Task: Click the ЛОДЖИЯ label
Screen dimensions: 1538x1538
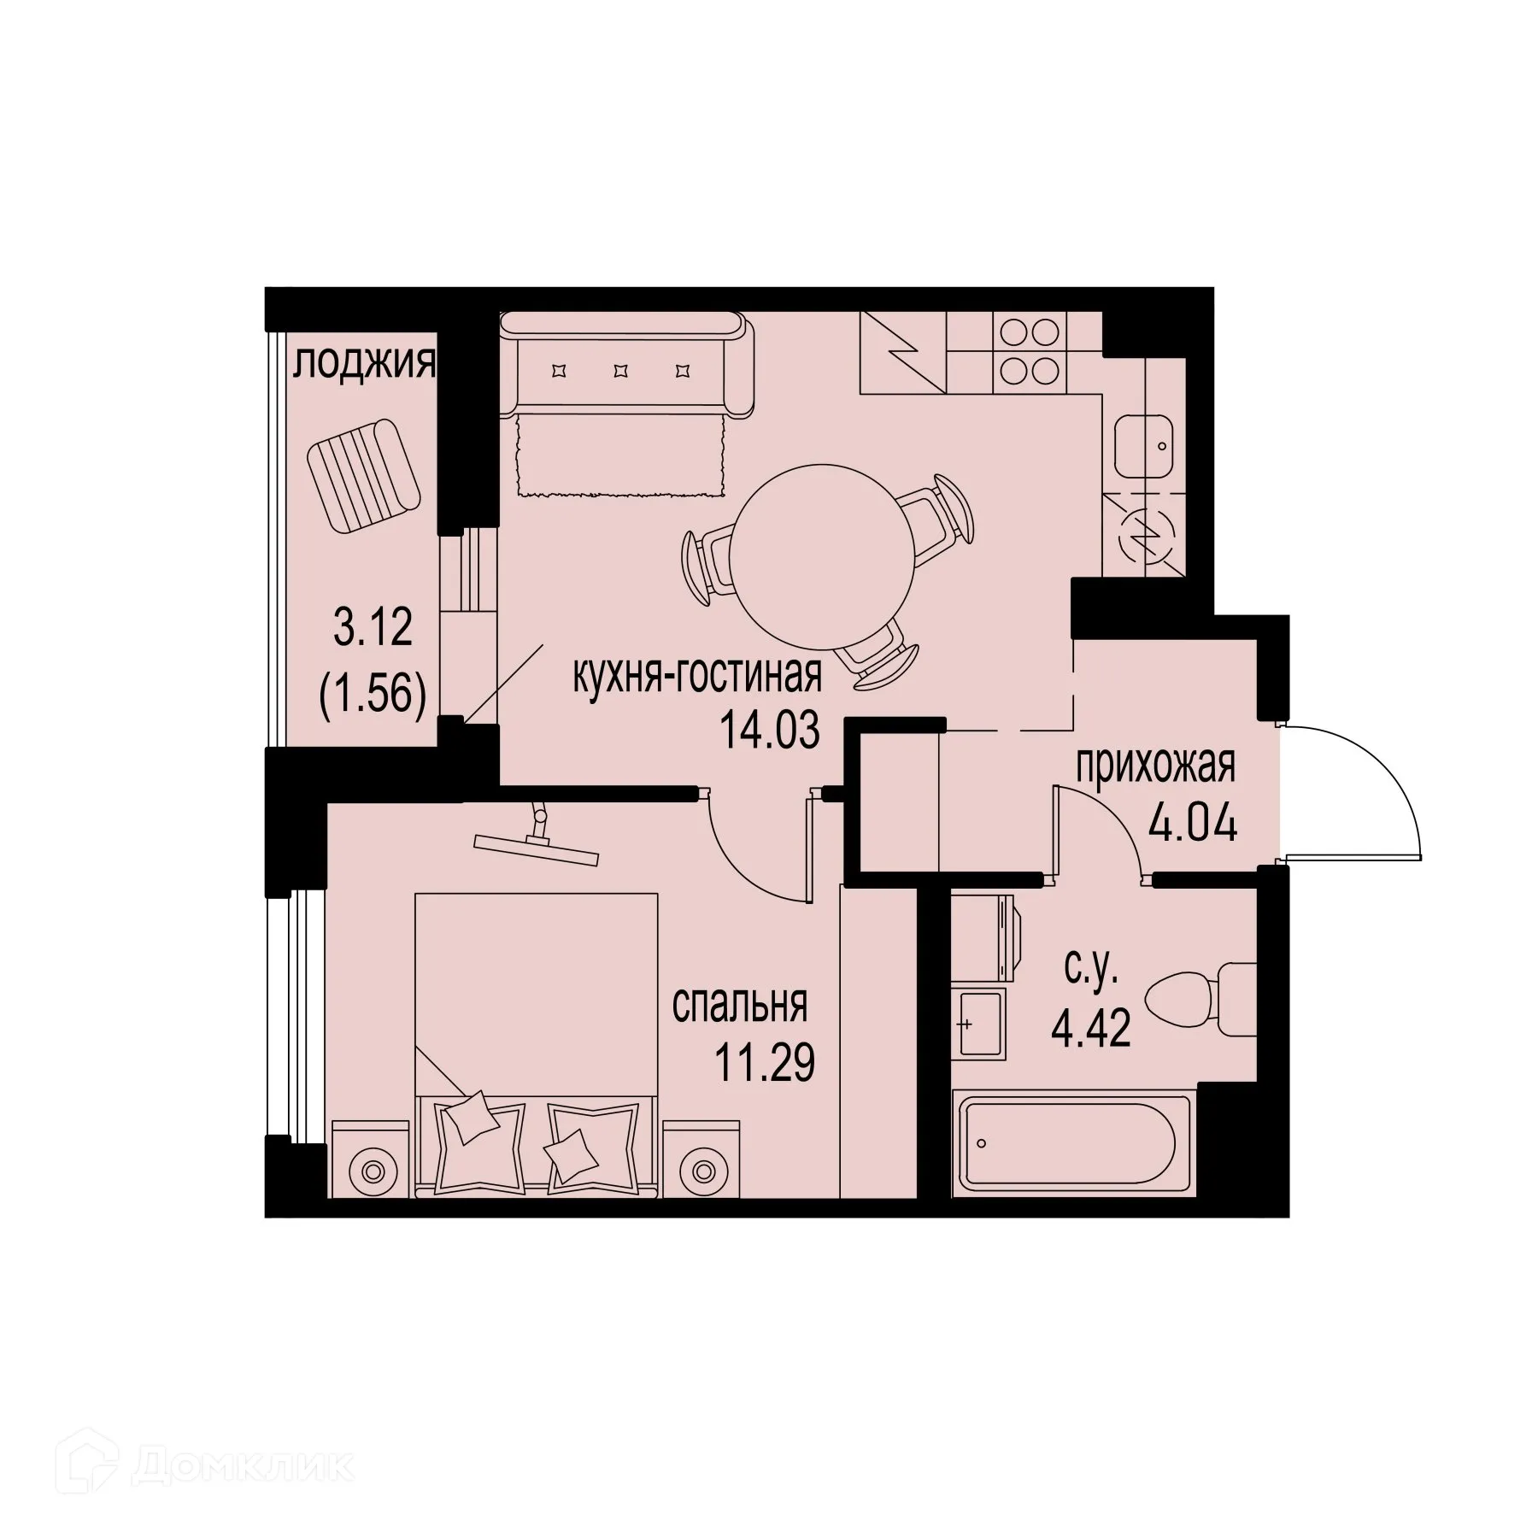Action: (364, 365)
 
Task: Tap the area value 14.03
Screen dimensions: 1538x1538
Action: (769, 731)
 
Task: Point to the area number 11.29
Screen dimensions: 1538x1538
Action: (765, 1065)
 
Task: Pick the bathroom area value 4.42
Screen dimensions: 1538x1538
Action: (1091, 1030)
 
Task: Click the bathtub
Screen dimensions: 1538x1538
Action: (1068, 1144)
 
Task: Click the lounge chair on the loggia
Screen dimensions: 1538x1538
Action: (365, 478)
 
